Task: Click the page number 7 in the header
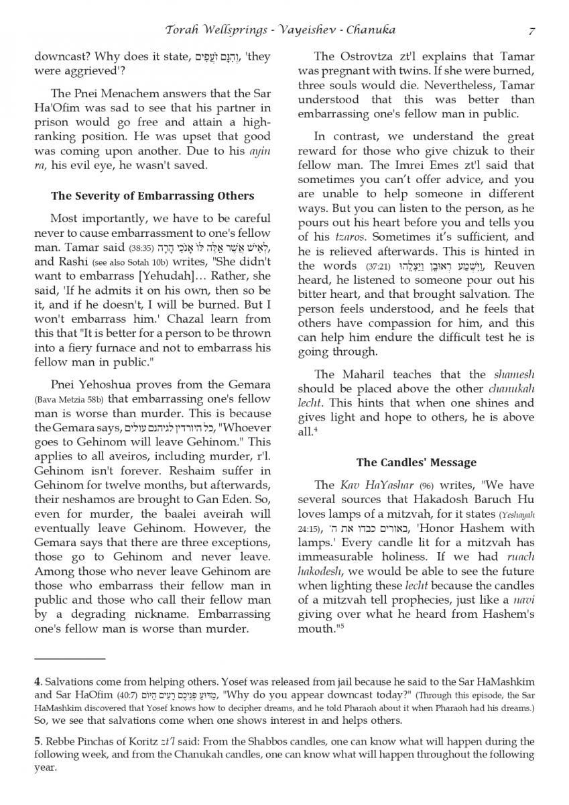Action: pos(531,30)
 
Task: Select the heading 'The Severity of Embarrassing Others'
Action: pos(153,196)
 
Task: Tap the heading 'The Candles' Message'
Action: pos(416,462)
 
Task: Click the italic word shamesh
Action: pos(514,374)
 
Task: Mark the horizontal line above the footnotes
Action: pos(70,659)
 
